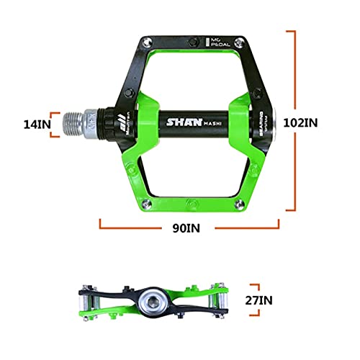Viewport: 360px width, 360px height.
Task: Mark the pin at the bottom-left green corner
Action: point(143,197)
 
